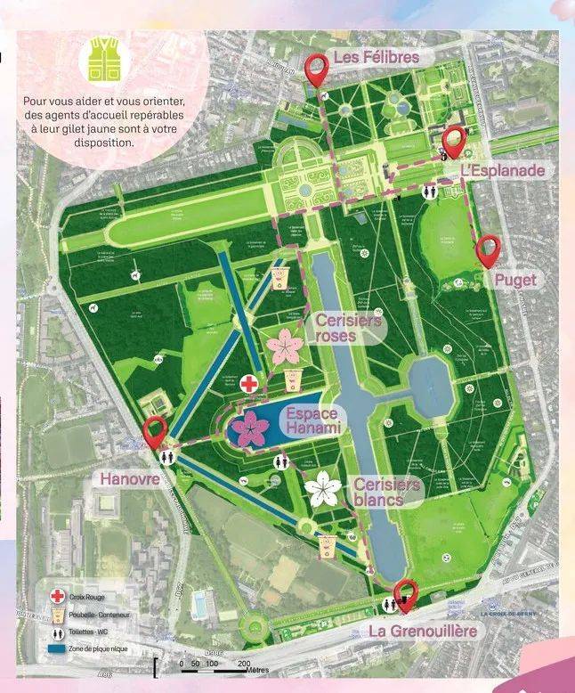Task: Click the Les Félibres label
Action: (376, 57)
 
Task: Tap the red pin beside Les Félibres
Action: (317, 68)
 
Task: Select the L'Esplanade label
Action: (503, 169)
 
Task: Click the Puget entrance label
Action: (515, 280)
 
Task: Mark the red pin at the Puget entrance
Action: (488, 249)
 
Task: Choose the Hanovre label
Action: (130, 479)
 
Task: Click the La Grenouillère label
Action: (424, 631)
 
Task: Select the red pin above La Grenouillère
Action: (406, 593)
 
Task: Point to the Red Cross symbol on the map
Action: (251, 384)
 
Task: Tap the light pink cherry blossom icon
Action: (284, 346)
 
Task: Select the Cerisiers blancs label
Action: (386, 492)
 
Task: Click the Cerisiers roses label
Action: (347, 328)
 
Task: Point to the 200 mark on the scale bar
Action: (243, 664)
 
